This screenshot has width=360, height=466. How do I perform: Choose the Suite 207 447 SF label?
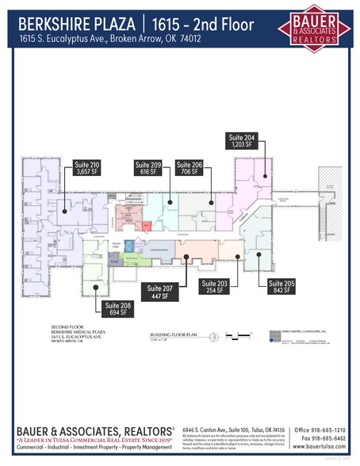(x=155, y=289)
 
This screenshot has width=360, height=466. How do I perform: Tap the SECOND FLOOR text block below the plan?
(x=69, y=334)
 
